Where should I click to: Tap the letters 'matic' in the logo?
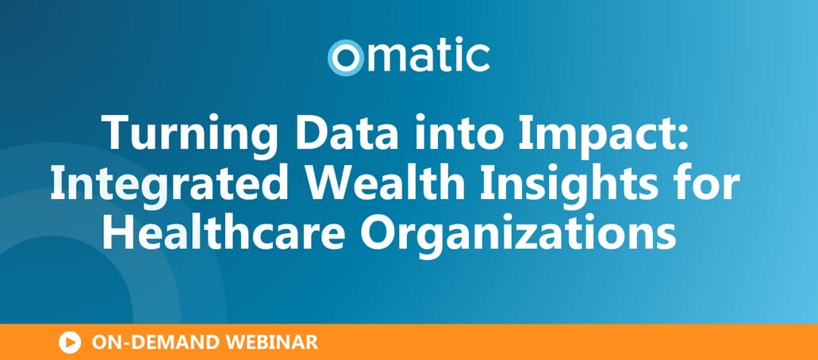(428, 56)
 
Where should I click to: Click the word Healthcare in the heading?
(223, 232)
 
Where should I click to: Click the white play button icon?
(70, 343)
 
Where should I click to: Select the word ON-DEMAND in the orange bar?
(156, 343)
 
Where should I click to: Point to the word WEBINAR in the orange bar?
(271, 343)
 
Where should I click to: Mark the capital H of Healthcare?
(117, 232)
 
